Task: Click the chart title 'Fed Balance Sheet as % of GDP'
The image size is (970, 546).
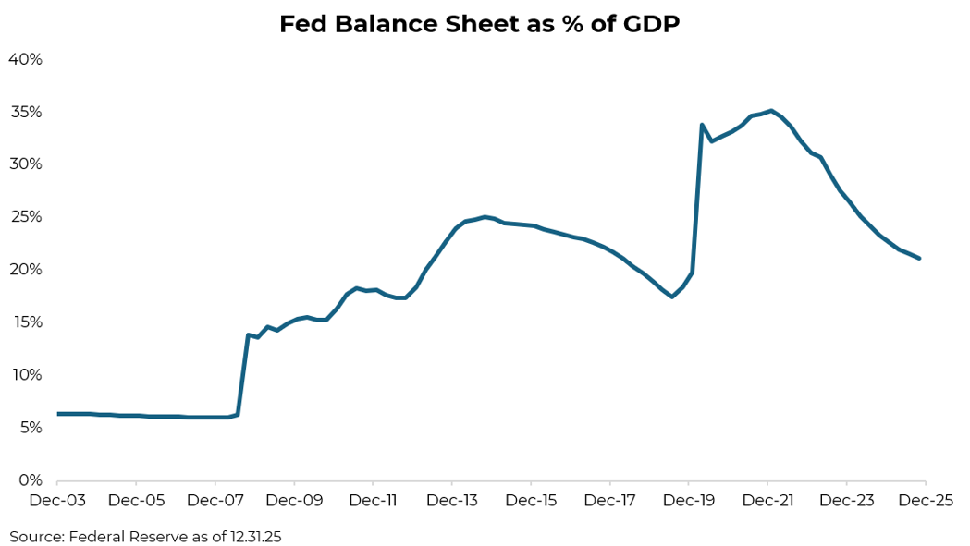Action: (479, 24)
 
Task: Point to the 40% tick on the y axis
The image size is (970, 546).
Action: (25, 59)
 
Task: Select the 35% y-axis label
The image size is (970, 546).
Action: (25, 112)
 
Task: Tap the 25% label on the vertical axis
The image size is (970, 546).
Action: (25, 217)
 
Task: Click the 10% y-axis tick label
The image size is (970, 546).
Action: (25, 375)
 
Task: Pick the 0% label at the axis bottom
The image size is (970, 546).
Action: (30, 480)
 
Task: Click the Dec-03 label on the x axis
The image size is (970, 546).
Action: (57, 501)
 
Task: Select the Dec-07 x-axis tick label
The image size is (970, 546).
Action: (215, 501)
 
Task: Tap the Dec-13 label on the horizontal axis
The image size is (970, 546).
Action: (451, 501)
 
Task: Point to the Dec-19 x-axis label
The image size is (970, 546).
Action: (688, 501)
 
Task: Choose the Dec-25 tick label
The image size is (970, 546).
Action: (925, 501)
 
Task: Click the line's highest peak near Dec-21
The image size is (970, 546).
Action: (771, 111)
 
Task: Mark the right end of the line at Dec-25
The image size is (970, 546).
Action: (919, 258)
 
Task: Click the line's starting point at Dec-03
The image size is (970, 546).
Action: (58, 414)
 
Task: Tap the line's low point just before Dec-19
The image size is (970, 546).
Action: (672, 297)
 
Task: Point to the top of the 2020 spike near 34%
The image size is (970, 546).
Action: (702, 125)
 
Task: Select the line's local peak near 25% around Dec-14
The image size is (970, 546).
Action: (485, 217)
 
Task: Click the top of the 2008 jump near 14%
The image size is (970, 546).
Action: (248, 334)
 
